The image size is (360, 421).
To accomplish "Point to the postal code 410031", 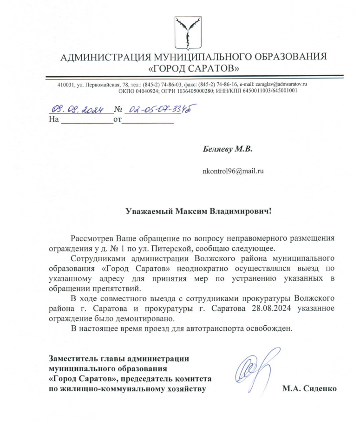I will click(x=65, y=85).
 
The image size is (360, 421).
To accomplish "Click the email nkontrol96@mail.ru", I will click(x=233, y=171).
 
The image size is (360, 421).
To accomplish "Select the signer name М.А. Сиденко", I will click(x=309, y=388).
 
